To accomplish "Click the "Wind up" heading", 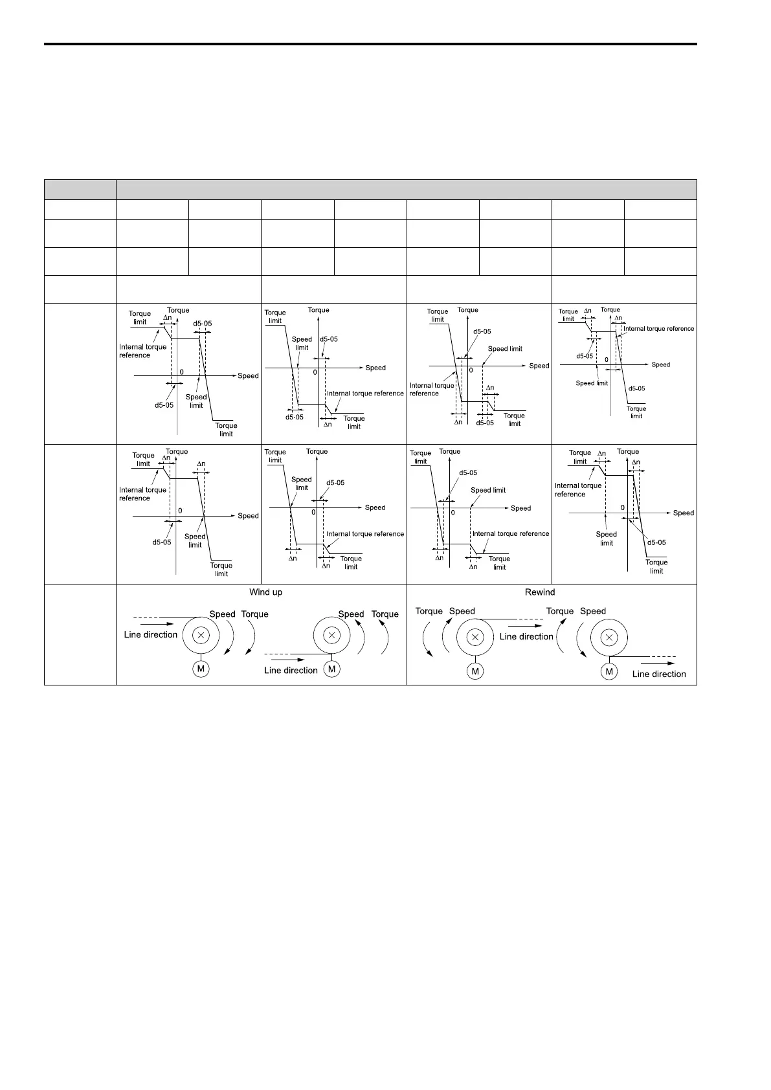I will tap(265, 592).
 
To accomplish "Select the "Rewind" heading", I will tap(540, 592).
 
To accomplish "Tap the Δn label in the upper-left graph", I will tap(168, 318).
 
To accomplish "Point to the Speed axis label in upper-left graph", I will tap(248, 376).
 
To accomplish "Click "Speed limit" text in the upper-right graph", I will tap(592, 383).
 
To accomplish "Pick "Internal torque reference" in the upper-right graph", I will tap(658, 329).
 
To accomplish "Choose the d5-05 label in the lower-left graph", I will tap(162, 542).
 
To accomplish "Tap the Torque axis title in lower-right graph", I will tap(628, 452).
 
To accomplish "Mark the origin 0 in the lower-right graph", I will tap(623, 508).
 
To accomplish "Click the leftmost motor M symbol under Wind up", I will tap(201, 669).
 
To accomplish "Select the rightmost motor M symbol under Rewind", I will tap(609, 672).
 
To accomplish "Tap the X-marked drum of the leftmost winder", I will tap(201, 636).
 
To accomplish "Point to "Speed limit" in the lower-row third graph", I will tap(488, 491).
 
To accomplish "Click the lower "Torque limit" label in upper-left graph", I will tap(226, 430).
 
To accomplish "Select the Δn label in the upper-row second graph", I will tap(328, 425).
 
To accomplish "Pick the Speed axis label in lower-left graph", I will tap(248, 516).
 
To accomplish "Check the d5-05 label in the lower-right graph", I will tap(656, 543).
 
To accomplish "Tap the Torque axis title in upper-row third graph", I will tap(467, 310).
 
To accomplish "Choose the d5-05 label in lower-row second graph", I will tap(335, 483).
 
